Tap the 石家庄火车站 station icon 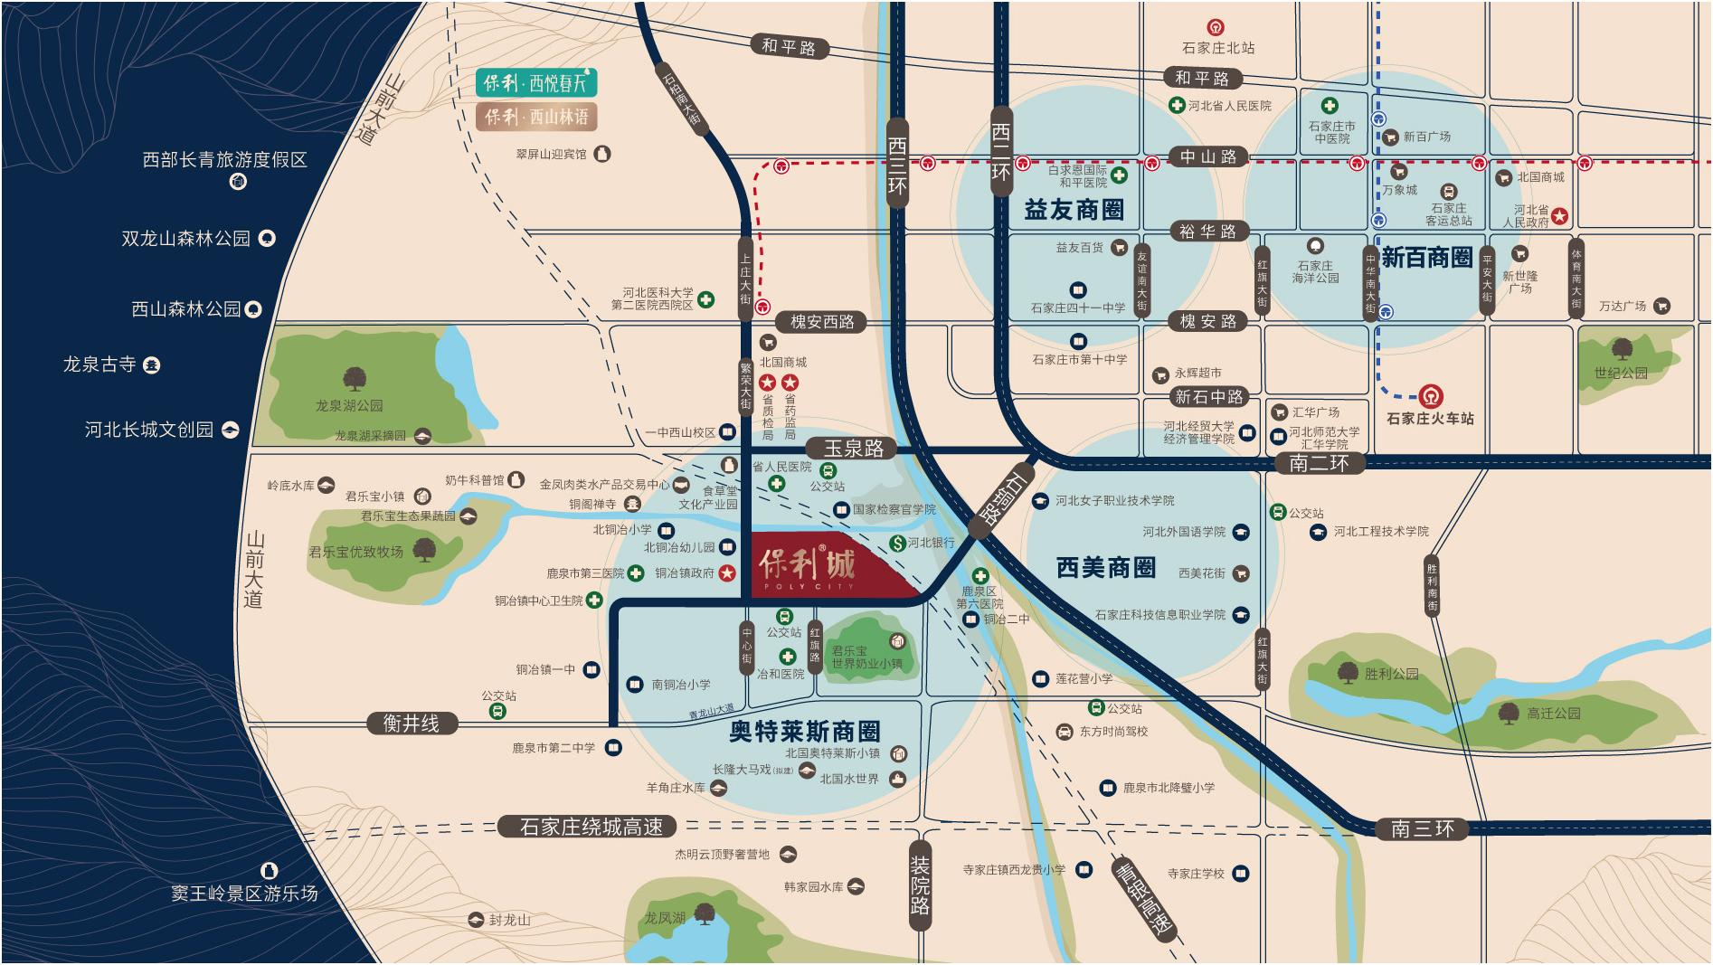point(1430,396)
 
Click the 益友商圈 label point(1074,211)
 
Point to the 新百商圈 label point(1426,258)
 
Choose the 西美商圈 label point(1106,567)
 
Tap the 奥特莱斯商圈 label point(804,731)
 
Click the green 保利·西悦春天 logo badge point(535,83)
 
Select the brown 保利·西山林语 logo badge point(535,117)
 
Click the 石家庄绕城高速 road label point(592,827)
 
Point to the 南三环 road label point(1423,828)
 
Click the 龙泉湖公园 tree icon point(350,379)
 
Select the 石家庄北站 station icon point(1217,29)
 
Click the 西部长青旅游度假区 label point(225,160)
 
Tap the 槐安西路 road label point(821,321)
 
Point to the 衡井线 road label point(411,724)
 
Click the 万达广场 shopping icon point(1661,307)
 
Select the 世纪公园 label point(1620,373)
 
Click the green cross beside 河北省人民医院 point(1177,106)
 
